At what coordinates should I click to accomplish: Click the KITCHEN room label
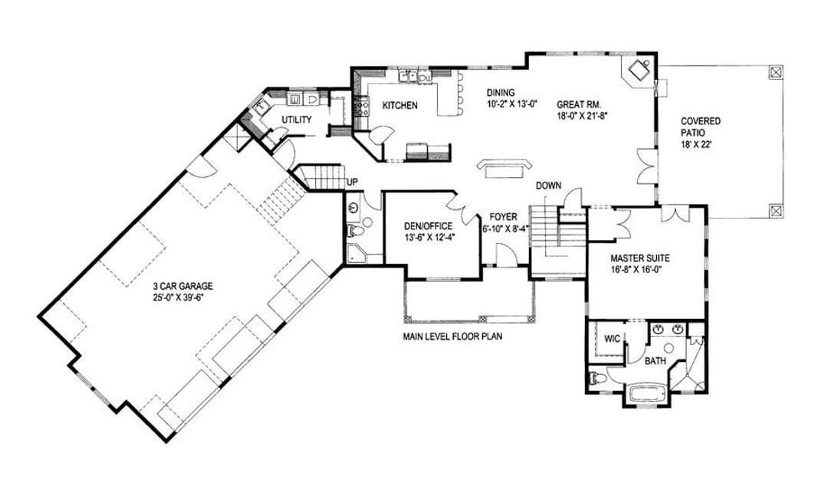(x=399, y=106)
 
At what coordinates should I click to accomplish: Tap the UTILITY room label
(x=296, y=120)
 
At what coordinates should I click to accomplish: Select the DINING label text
(x=501, y=93)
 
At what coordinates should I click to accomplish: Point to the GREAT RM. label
(x=580, y=104)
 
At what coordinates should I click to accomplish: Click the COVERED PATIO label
(x=700, y=127)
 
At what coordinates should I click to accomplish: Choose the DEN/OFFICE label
(x=428, y=227)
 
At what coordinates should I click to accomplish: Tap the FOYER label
(x=503, y=217)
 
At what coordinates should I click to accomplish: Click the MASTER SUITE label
(x=640, y=258)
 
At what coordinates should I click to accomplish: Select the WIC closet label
(x=612, y=339)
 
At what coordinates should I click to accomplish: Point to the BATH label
(x=655, y=362)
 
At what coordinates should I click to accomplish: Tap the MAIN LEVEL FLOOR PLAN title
(x=452, y=336)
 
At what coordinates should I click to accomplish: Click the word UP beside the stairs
(x=352, y=182)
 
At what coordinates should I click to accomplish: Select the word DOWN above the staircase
(x=549, y=186)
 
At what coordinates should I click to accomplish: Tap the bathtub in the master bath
(x=647, y=395)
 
